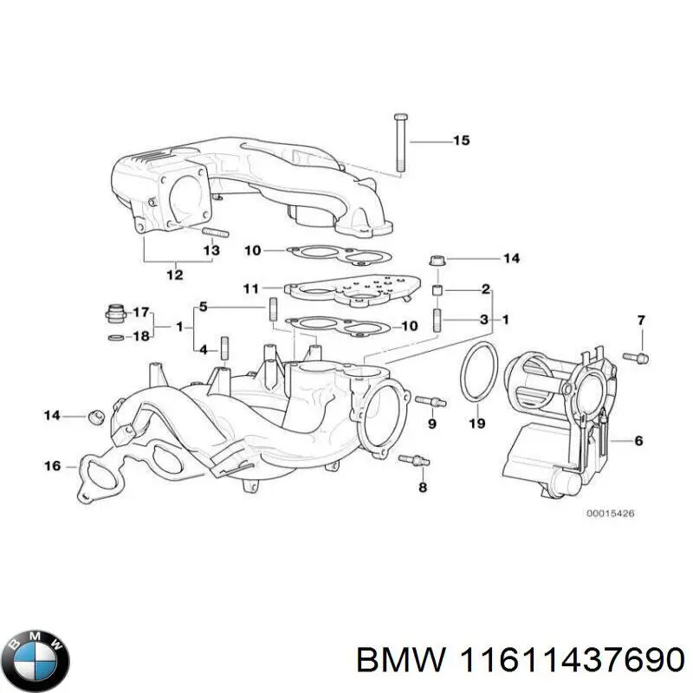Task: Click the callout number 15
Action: tap(461, 140)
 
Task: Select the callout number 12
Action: tap(174, 275)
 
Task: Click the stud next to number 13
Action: tap(213, 232)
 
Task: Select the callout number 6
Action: tap(638, 441)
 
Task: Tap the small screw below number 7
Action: tap(640, 356)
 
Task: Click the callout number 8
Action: tap(423, 488)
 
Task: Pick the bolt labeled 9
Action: tap(430, 401)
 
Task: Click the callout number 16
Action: tap(53, 466)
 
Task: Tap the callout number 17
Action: tap(141, 311)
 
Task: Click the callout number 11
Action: tap(250, 288)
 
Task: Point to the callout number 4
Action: tap(203, 350)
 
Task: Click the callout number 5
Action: tap(203, 306)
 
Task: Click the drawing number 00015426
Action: tap(610, 514)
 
